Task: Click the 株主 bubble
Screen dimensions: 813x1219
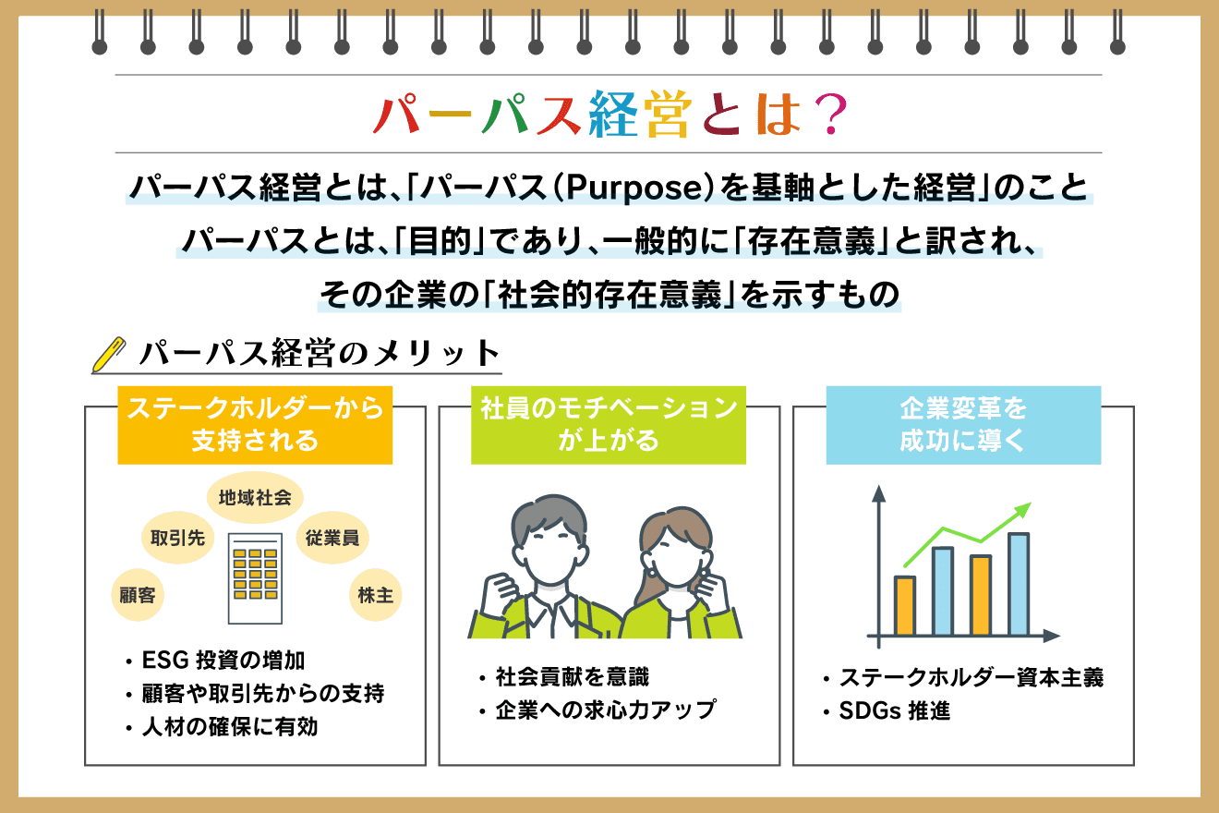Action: tap(376, 595)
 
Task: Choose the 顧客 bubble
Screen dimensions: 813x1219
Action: tap(137, 595)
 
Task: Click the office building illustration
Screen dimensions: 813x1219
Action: tap(255, 578)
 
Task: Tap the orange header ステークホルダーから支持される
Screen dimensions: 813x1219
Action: tap(255, 424)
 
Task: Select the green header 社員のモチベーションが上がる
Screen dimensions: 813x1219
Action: tap(609, 424)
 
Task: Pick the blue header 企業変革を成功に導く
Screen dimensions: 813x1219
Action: tap(963, 424)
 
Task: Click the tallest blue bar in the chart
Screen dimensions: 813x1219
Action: tap(1019, 584)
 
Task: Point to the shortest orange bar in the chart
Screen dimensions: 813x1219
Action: tap(905, 606)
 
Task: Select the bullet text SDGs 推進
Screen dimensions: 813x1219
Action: tap(895, 711)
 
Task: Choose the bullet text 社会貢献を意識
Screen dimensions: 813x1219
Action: tap(572, 677)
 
